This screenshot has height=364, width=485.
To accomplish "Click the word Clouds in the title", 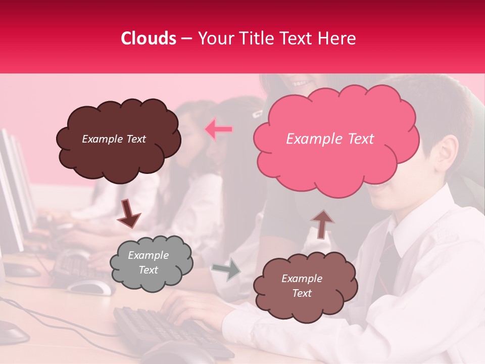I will [149, 38].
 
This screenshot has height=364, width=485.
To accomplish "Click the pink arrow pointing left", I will [219, 129].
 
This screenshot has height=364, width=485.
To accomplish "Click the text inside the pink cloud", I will [330, 139].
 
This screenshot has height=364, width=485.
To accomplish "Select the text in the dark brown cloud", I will [114, 139].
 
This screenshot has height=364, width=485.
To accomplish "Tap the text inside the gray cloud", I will [148, 263].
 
